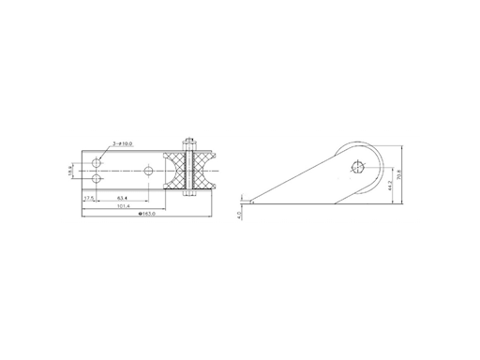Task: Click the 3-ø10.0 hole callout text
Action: (123, 143)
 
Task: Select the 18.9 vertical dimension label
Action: (71, 171)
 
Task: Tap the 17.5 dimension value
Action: (90, 199)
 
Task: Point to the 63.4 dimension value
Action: (122, 199)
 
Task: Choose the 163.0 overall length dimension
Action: (145, 216)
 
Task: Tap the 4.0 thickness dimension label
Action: (241, 216)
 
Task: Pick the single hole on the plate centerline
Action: (148, 170)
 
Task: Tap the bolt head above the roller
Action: (190, 142)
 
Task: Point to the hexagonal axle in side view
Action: (357, 167)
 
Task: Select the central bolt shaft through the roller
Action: (190, 170)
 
